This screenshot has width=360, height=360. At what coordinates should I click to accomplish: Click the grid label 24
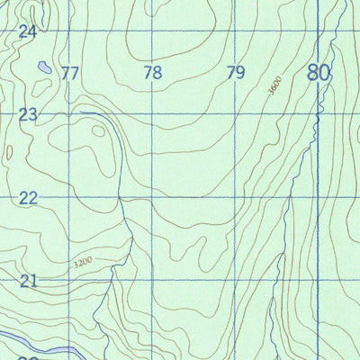[28, 31]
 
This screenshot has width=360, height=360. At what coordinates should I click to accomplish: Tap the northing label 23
[28, 114]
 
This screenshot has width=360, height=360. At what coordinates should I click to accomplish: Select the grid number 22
[28, 197]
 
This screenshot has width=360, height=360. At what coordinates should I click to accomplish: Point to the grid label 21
[28, 281]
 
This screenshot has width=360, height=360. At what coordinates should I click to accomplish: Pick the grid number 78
[153, 73]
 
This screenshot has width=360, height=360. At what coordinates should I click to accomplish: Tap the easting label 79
[236, 73]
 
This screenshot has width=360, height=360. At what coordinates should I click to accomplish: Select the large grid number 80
[318, 72]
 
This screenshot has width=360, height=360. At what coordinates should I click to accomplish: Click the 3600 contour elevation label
[274, 87]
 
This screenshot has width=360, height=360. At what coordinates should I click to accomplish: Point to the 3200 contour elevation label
[83, 263]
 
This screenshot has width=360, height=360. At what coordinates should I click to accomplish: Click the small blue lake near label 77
[42, 67]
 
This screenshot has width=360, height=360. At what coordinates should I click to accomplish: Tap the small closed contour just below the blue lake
[40, 86]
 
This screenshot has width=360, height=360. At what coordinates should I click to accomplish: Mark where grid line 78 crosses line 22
[152, 196]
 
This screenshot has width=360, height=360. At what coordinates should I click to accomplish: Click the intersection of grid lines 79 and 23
[235, 113]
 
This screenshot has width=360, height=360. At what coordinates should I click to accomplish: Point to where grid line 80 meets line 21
[318, 279]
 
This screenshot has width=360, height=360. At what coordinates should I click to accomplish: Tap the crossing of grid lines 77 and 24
[69, 31]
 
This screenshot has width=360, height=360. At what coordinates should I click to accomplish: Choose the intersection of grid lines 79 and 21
[235, 279]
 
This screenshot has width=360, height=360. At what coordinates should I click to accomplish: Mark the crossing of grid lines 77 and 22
[69, 196]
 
